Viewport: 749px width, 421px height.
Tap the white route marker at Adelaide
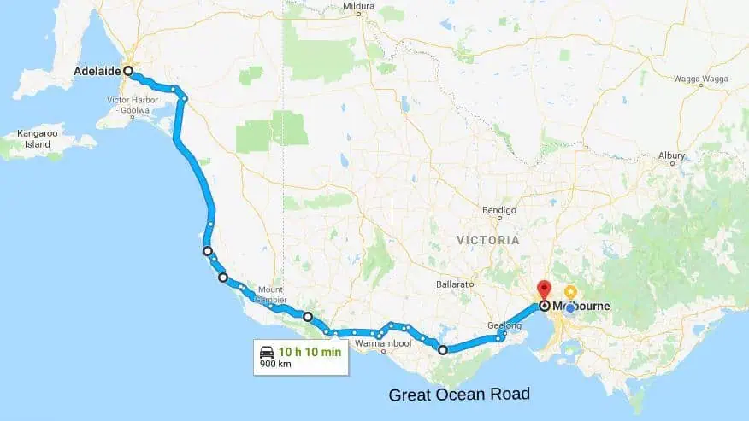[128, 72]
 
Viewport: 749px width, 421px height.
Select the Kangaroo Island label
[37, 140]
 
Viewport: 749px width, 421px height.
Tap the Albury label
[672, 155]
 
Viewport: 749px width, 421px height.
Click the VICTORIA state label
[487, 241]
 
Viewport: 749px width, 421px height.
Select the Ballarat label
[454, 283]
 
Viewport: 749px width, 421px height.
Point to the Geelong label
[504, 325]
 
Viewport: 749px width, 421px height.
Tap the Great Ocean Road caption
[459, 395]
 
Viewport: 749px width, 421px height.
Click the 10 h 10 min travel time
[310, 351]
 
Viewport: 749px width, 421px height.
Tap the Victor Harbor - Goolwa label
[129, 105]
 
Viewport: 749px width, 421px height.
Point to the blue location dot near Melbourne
[569, 307]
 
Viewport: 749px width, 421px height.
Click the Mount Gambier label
[265, 295]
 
